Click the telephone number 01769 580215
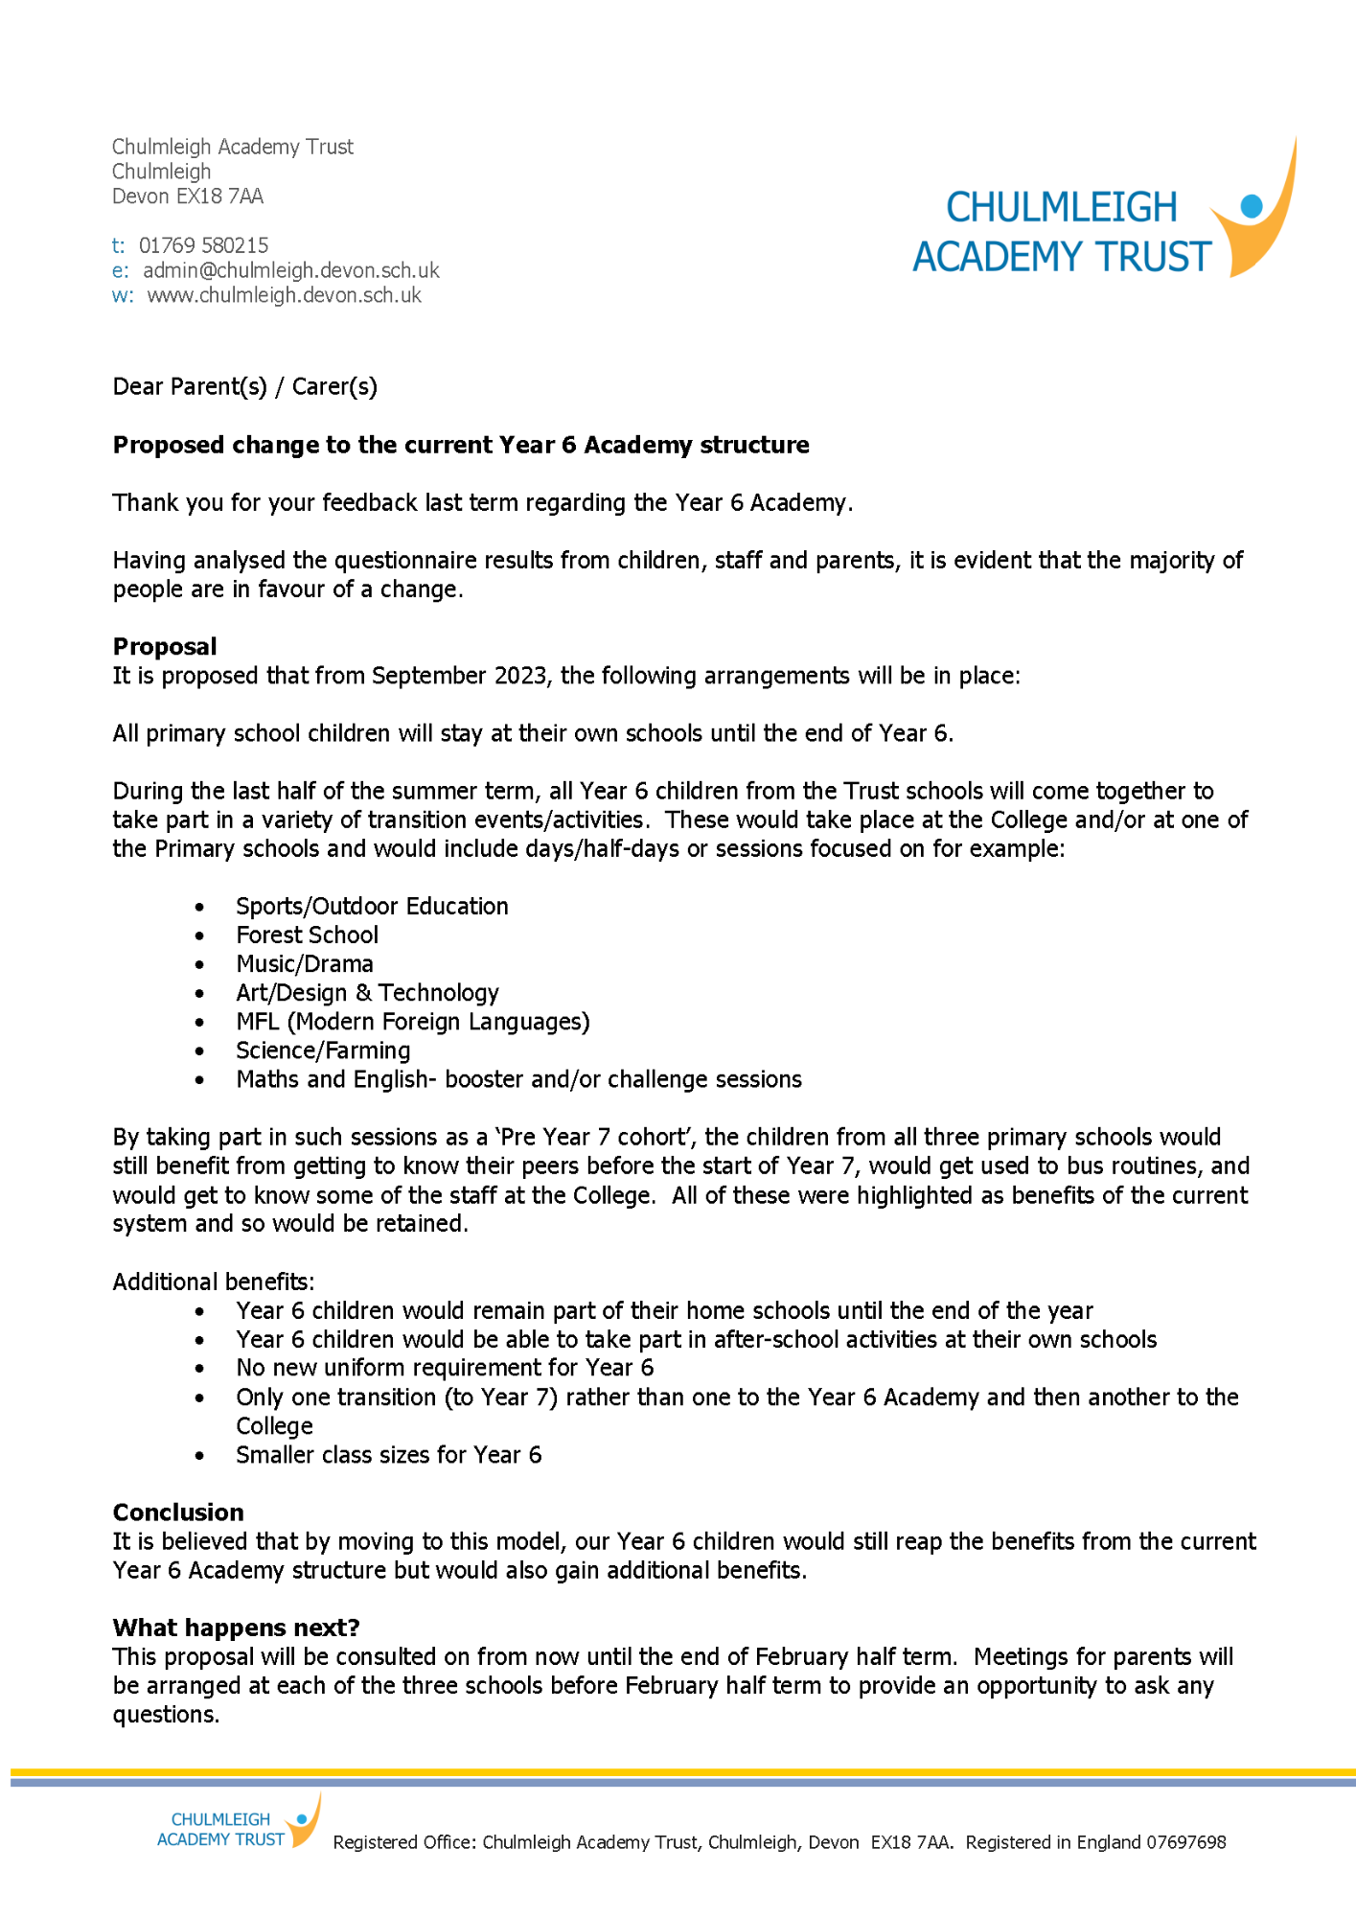(203, 245)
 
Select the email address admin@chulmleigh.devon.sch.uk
(290, 270)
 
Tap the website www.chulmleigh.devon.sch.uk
(284, 295)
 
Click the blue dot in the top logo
(1251, 205)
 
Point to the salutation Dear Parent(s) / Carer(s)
(245, 386)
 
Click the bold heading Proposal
(165, 646)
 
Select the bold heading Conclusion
(178, 1512)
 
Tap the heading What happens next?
(236, 1628)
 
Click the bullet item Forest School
(307, 935)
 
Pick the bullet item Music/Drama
(305, 963)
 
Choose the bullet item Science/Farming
(323, 1051)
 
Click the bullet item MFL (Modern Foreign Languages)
(413, 1022)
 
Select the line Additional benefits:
(214, 1282)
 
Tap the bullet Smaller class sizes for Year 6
(388, 1455)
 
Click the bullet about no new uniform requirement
(445, 1368)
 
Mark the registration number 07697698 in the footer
(1185, 1842)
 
